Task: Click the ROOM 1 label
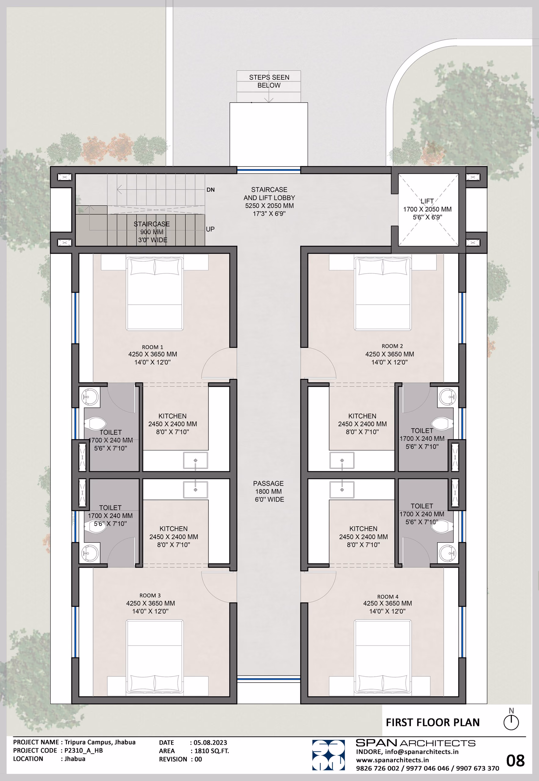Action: pyautogui.click(x=152, y=347)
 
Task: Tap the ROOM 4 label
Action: pyautogui.click(x=388, y=597)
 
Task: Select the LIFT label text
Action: pyautogui.click(x=427, y=201)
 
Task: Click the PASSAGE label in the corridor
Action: pyautogui.click(x=269, y=483)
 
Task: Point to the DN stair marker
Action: pyautogui.click(x=210, y=190)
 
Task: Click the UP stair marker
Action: pyautogui.click(x=210, y=229)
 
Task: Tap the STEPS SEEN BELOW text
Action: pyautogui.click(x=269, y=81)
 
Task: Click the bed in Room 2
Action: pyautogui.click(x=383, y=293)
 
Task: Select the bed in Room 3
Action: pyautogui.click(x=155, y=657)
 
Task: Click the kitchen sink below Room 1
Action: pyautogui.click(x=196, y=461)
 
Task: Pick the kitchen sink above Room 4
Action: pyautogui.click(x=342, y=490)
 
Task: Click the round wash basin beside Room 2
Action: pyautogui.click(x=448, y=397)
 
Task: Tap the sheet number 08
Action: pyautogui.click(x=515, y=761)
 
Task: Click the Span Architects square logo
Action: pyautogui.click(x=328, y=755)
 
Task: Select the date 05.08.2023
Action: pyautogui.click(x=210, y=743)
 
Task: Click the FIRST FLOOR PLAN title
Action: pyautogui.click(x=432, y=722)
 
